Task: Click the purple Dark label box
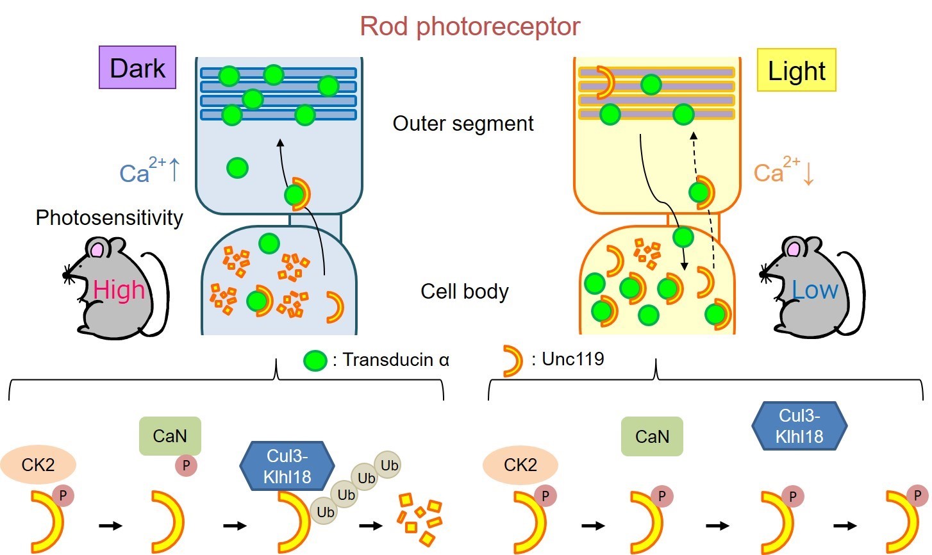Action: (x=137, y=67)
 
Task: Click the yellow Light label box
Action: (x=796, y=70)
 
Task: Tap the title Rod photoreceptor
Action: (x=470, y=26)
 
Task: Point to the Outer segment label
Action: (x=463, y=123)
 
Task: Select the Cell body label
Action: (x=464, y=292)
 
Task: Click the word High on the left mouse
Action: (x=119, y=290)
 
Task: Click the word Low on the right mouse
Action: (x=814, y=290)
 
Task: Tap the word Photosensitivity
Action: (x=109, y=218)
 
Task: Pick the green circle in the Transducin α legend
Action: (x=315, y=361)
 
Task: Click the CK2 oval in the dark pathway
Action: (x=38, y=465)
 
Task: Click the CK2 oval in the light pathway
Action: (x=520, y=465)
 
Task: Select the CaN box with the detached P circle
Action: (x=170, y=436)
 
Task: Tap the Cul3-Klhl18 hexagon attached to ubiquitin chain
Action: (x=287, y=466)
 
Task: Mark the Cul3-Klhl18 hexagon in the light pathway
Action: (x=799, y=426)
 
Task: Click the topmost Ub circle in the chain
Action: (x=389, y=465)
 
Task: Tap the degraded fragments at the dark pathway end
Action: (x=420, y=519)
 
